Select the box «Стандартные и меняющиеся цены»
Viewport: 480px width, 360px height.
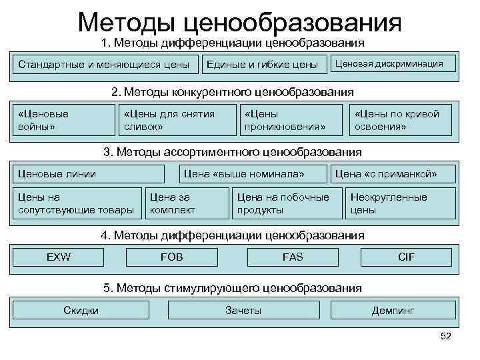(x=104, y=65)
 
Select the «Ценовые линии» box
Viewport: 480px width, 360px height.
(x=88, y=174)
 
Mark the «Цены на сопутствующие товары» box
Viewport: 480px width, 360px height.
(x=76, y=203)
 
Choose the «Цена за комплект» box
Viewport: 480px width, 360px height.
(x=183, y=203)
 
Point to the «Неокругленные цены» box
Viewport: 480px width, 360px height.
(x=400, y=203)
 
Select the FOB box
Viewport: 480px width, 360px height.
(x=172, y=257)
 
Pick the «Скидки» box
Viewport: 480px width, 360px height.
(x=81, y=310)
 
